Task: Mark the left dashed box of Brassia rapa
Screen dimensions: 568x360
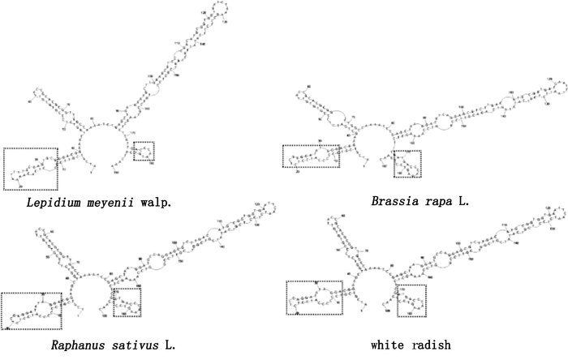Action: [312, 156]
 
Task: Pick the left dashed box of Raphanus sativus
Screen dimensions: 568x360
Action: [31, 311]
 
